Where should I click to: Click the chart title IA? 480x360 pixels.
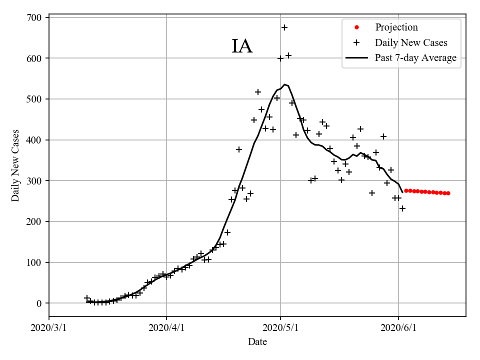point(242,46)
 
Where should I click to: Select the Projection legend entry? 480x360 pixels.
point(396,27)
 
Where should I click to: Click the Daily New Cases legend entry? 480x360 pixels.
point(411,42)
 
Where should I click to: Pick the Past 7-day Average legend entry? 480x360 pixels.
point(415,58)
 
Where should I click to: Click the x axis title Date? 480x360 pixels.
point(257,342)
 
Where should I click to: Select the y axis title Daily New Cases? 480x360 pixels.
point(16,165)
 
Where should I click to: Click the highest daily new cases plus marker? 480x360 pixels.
point(284,27)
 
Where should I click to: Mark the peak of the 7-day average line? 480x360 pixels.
point(284,84)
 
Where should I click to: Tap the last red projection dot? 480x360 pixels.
point(448,193)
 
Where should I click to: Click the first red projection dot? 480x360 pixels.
point(406,190)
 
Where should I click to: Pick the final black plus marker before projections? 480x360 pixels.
point(402,208)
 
